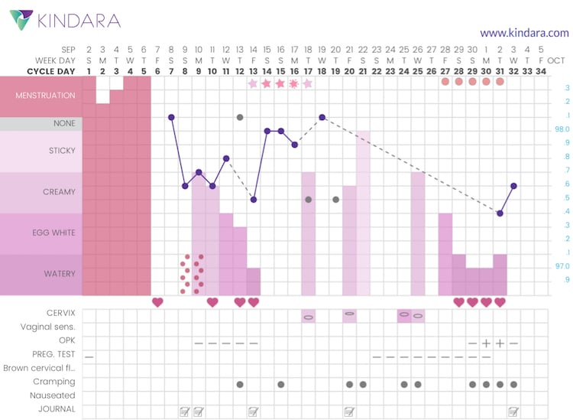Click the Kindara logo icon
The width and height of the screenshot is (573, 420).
pos(21,21)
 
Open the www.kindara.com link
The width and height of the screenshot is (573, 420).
pos(524,33)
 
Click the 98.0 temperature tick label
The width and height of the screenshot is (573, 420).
pos(562,129)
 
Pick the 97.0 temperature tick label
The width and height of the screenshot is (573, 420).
pos(562,265)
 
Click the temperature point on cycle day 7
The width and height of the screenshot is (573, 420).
pos(171,117)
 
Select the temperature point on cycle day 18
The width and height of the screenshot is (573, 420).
pos(322,117)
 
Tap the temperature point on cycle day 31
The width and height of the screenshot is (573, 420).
pos(500,213)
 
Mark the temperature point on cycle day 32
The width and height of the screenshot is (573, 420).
pos(513,186)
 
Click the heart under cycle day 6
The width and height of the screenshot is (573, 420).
pos(157,302)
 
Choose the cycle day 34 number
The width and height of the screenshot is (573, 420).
pos(541,72)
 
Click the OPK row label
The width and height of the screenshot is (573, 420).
pos(67,340)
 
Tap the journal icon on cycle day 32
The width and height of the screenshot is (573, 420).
pos(513,411)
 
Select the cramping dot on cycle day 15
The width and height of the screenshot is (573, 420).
pos(281,384)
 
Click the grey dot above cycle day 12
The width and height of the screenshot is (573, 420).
pos(240,117)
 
